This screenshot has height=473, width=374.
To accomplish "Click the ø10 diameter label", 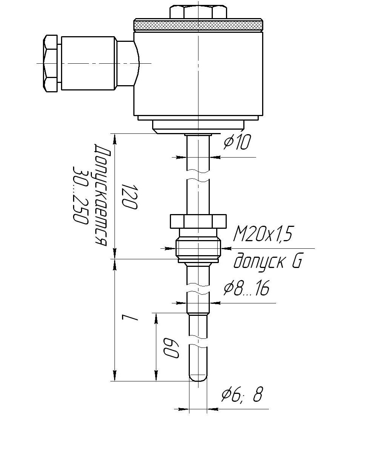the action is (237, 142).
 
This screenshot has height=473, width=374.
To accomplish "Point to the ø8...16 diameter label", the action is (246, 288).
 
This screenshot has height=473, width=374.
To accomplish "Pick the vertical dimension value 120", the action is (130, 197).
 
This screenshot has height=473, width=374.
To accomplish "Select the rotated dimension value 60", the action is (171, 347).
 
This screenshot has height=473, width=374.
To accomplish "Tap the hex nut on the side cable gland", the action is (50, 64).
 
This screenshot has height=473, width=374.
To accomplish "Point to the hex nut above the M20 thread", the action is (198, 221).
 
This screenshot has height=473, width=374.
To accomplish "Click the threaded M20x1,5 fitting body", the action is (198, 249).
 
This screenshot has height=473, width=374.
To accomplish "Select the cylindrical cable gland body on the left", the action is (88, 63).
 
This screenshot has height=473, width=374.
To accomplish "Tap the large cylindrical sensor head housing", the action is (198, 73).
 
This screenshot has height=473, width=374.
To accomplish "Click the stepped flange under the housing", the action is (198, 125).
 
